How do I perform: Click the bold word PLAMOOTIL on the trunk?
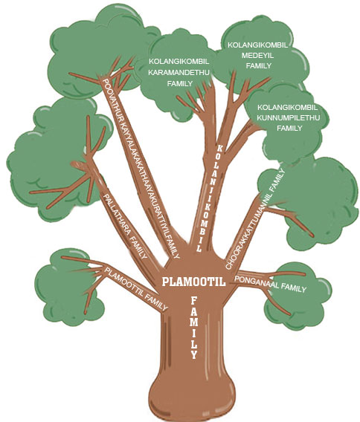click(x=193, y=282)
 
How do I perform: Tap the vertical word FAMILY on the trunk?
click(x=194, y=328)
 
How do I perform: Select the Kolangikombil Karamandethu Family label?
click(x=179, y=72)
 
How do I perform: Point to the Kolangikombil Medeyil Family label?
click(x=258, y=56)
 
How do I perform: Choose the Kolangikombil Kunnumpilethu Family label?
click(x=288, y=117)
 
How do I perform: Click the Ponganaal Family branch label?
click(x=271, y=284)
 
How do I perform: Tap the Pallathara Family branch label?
click(x=125, y=227)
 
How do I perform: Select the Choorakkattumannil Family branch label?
click(x=255, y=218)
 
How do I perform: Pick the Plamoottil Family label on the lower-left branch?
click(x=136, y=288)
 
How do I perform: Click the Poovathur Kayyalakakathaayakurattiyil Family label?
click(x=141, y=169)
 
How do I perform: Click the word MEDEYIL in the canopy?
click(x=257, y=56)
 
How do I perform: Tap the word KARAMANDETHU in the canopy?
click(x=179, y=72)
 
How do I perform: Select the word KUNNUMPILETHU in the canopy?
click(x=288, y=117)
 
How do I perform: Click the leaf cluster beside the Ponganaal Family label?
click(x=298, y=296)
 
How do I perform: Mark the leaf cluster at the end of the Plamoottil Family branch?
click(x=68, y=287)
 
